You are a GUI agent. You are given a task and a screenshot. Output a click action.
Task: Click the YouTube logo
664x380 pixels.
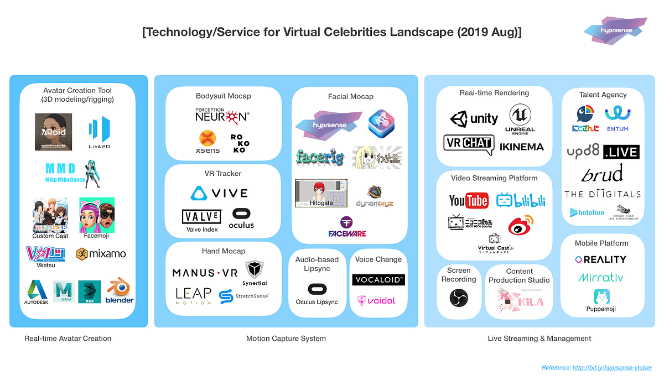(x=468, y=200)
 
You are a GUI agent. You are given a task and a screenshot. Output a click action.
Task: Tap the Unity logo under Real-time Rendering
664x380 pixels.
(x=474, y=119)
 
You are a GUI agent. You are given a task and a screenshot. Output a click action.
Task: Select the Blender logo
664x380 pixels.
(x=120, y=291)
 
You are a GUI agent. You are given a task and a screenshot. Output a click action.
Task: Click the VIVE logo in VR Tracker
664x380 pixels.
(x=219, y=194)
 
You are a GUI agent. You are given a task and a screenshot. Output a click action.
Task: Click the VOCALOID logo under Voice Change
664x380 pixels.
(x=378, y=279)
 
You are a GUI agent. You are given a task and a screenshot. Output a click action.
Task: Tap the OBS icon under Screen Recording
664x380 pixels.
(x=459, y=298)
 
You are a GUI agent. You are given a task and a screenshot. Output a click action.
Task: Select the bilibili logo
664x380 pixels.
(x=521, y=200)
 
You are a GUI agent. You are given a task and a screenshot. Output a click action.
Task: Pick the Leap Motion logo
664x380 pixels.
(x=193, y=295)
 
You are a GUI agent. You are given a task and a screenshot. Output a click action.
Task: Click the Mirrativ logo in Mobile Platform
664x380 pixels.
(x=601, y=277)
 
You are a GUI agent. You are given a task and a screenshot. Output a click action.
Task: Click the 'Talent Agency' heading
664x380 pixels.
(x=603, y=95)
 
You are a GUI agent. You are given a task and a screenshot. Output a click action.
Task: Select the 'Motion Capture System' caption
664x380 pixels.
(x=286, y=338)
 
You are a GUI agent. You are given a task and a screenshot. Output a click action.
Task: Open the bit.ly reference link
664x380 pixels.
(x=612, y=367)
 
